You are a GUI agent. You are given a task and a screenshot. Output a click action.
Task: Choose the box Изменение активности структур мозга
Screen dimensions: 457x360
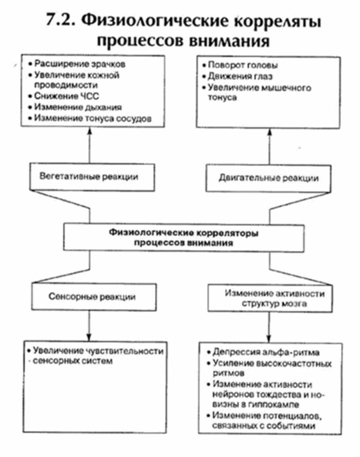point(269,298)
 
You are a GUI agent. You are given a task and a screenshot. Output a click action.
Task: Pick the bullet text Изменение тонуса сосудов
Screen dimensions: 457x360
point(93,118)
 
